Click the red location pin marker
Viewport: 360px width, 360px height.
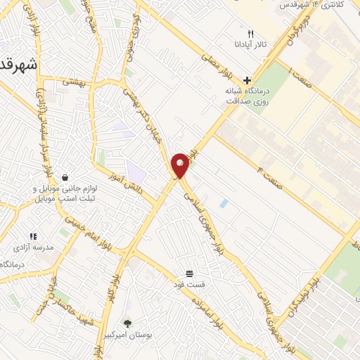tap(181, 166)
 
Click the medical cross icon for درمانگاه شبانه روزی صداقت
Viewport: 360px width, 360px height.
tap(245, 80)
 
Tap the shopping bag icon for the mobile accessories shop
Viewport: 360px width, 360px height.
tap(65, 176)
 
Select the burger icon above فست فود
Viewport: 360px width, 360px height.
tap(189, 273)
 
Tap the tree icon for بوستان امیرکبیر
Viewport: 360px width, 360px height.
tap(127, 323)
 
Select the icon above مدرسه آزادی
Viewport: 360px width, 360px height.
tap(32, 236)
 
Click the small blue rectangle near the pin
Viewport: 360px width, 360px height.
tap(224, 203)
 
